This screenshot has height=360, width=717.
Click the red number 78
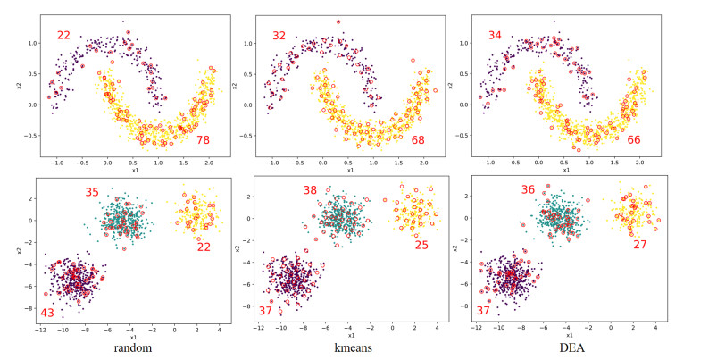203,140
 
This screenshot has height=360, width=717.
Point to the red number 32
279,36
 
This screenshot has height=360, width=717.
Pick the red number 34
496,36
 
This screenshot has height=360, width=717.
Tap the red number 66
632,140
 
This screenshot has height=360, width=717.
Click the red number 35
93,192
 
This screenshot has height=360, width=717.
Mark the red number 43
46,313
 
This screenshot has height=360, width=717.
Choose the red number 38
310,190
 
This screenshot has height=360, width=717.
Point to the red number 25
423,245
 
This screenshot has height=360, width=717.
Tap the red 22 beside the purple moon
63,36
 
